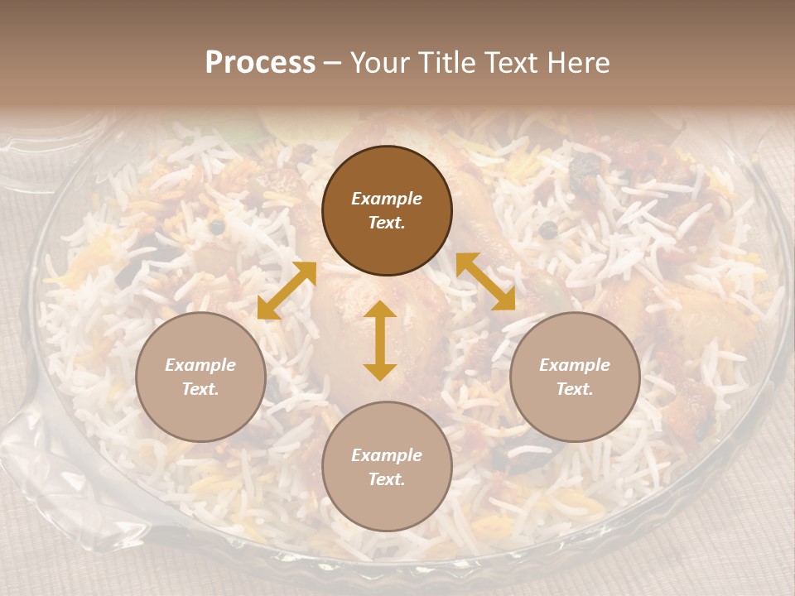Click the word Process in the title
[260, 63]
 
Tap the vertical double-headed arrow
[380, 340]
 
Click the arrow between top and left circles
[287, 291]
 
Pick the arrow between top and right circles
[485, 281]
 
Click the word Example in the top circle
[387, 199]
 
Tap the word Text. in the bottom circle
[387, 479]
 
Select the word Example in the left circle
[200, 365]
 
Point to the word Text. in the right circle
[575, 389]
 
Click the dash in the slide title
[332, 64]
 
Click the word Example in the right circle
[575, 365]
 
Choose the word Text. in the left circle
[200, 389]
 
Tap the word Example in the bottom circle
[387, 455]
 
